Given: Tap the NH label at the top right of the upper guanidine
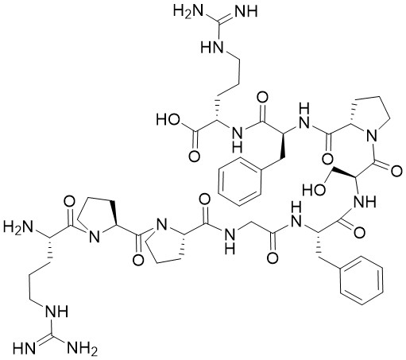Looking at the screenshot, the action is pos(246,11).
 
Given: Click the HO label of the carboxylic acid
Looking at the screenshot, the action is pos(168,119).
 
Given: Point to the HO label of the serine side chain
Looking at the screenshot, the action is pos(314,190).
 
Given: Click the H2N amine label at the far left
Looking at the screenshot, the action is pos(17,228).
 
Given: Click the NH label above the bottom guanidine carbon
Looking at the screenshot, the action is pos(56,311).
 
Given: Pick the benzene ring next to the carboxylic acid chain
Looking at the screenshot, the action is pos(240,181).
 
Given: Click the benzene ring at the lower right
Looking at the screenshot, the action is pos(362,281).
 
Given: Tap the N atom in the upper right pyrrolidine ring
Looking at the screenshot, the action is pos(372,137).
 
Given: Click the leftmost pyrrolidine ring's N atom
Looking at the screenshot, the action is pos(94,236).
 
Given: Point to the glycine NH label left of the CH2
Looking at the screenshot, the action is pos(230,240).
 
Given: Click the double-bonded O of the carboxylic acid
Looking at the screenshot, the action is pos(194,157).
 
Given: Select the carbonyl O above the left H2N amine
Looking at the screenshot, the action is pos(69,202).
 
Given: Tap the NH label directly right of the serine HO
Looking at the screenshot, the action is pos(365,202).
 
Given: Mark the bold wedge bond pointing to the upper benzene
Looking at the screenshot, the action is pos(281,145).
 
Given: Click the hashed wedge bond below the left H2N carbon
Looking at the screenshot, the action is pos(49,250).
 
